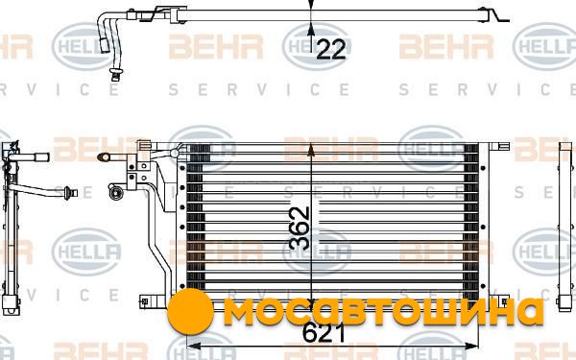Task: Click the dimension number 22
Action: (331, 49)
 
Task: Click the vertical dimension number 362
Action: (299, 228)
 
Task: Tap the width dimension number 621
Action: (324, 333)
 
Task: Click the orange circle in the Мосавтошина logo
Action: (190, 311)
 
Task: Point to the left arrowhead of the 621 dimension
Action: (193, 346)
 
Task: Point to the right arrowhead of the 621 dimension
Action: (472, 346)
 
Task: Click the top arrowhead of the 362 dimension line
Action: (311, 149)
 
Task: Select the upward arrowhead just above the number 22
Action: (311, 30)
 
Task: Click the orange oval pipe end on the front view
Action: (104, 157)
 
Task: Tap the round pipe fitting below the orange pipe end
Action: (114, 192)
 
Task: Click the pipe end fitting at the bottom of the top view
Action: (116, 74)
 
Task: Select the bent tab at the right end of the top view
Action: (497, 14)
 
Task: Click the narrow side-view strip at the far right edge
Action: (565, 227)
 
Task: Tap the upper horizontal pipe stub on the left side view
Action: (30, 157)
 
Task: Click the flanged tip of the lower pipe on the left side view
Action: (70, 193)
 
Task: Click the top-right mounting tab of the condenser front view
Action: (499, 147)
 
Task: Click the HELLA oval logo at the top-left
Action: (84, 47)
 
